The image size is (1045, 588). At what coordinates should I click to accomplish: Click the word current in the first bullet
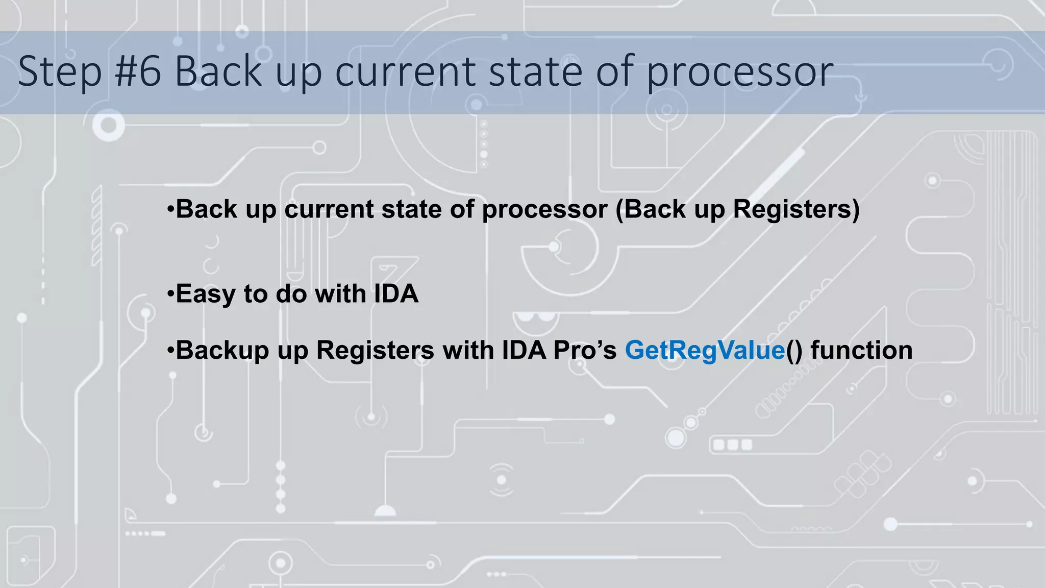(x=329, y=209)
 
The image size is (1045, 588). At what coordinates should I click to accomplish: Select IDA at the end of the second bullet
(x=396, y=294)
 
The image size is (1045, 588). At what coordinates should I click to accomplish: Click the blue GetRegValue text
(x=705, y=350)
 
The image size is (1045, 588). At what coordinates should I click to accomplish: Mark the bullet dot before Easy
(x=170, y=294)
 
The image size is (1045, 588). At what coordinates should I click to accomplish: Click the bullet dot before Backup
(x=170, y=350)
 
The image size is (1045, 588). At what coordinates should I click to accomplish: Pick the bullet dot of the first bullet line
(x=170, y=209)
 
